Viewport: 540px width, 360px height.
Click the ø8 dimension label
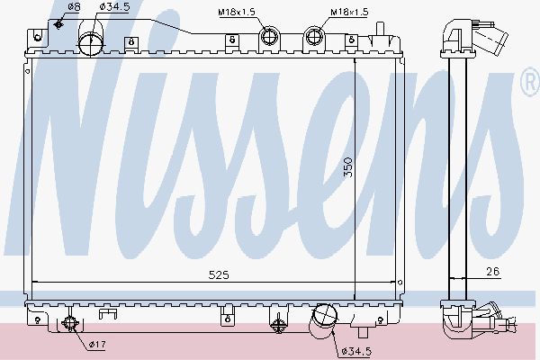(x=74, y=7)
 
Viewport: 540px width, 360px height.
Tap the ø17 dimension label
(x=97, y=344)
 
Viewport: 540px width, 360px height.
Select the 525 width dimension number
(x=219, y=274)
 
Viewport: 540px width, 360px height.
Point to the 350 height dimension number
(x=348, y=167)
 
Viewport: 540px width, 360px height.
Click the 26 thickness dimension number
(x=493, y=272)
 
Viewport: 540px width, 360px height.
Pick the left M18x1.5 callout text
(x=237, y=12)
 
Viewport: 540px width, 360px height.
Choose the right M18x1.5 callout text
(x=349, y=12)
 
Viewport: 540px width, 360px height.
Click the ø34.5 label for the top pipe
(x=114, y=6)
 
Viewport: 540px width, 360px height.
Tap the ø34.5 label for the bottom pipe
(x=356, y=351)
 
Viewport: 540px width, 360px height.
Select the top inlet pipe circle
(x=91, y=42)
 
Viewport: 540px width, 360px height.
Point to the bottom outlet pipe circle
(x=324, y=316)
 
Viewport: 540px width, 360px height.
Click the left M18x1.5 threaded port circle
(x=268, y=36)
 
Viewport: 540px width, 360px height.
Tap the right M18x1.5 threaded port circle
(x=314, y=36)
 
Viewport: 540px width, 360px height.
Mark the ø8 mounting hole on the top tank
(x=58, y=24)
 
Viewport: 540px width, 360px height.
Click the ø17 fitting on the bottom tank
(x=70, y=323)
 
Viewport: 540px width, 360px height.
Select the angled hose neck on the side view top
(x=490, y=39)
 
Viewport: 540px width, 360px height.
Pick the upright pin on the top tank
(x=380, y=29)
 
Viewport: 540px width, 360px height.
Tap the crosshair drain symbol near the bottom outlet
(x=278, y=325)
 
